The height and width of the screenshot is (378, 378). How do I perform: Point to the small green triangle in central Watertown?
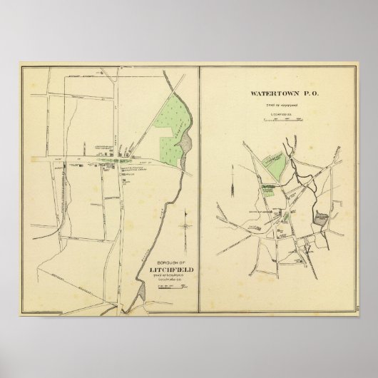click(285, 214)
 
